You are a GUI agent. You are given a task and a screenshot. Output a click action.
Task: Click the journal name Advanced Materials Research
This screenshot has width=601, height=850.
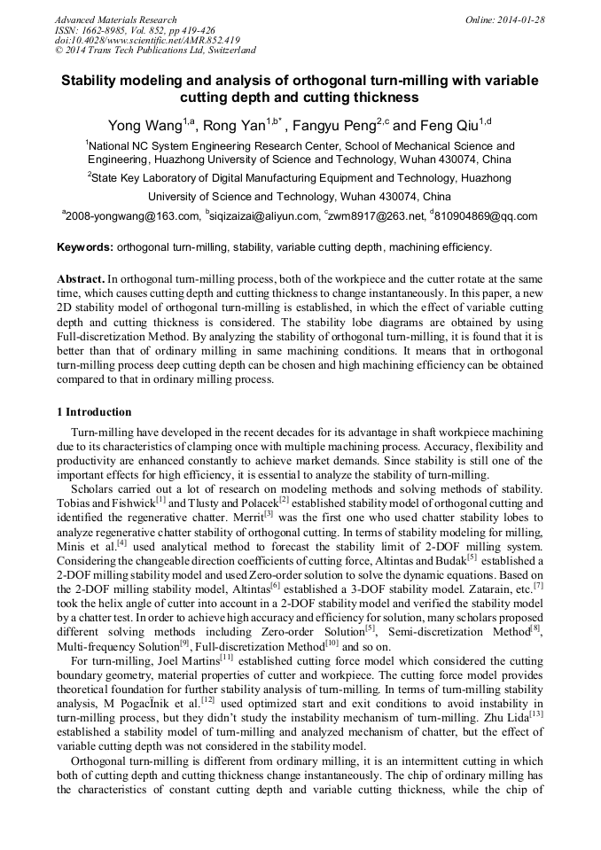point(115,19)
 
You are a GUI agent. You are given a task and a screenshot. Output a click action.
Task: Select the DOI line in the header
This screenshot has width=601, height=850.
point(146,40)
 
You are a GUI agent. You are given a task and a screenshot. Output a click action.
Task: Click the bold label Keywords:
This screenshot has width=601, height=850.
point(84,247)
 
